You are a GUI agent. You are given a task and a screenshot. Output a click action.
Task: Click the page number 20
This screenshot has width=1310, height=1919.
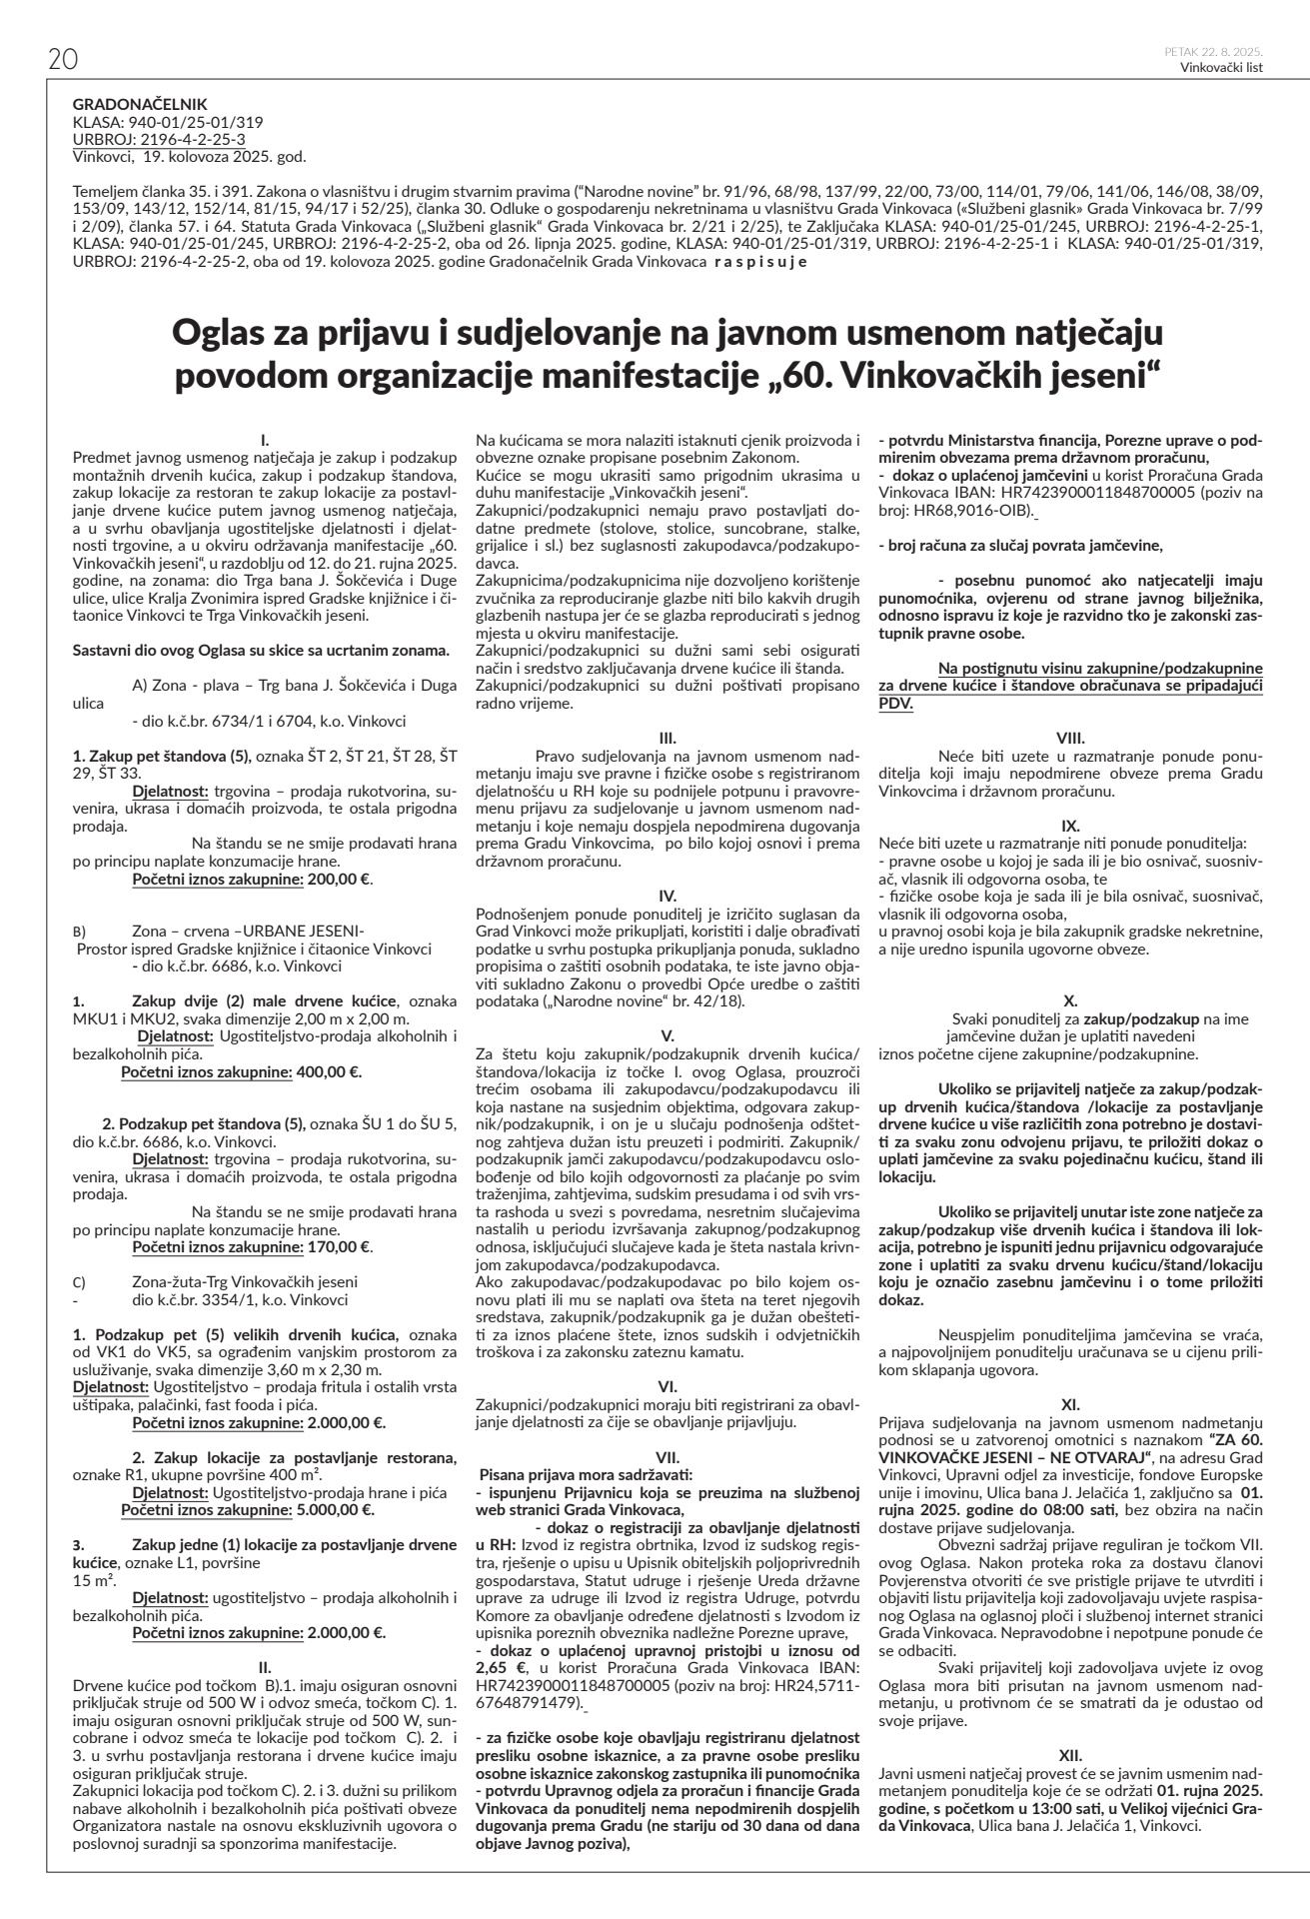[x=63, y=60]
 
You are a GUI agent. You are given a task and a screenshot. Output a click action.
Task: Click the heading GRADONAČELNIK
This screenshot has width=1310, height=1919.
[x=140, y=103]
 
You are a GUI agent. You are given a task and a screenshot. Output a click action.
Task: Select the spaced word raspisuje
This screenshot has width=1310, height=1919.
[x=757, y=263]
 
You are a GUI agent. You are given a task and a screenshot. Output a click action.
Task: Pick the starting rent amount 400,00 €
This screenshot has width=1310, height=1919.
[x=329, y=1072]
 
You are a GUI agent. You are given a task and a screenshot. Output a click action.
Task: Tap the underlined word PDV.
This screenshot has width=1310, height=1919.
[x=895, y=702]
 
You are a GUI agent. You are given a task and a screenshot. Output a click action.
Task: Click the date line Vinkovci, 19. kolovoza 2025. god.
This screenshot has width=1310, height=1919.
[x=191, y=156]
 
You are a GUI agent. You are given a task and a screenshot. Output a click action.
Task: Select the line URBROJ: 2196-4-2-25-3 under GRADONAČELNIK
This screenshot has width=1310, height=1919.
[x=160, y=139]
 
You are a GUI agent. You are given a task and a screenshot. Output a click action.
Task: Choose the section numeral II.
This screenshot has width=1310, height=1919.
[x=265, y=1666]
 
